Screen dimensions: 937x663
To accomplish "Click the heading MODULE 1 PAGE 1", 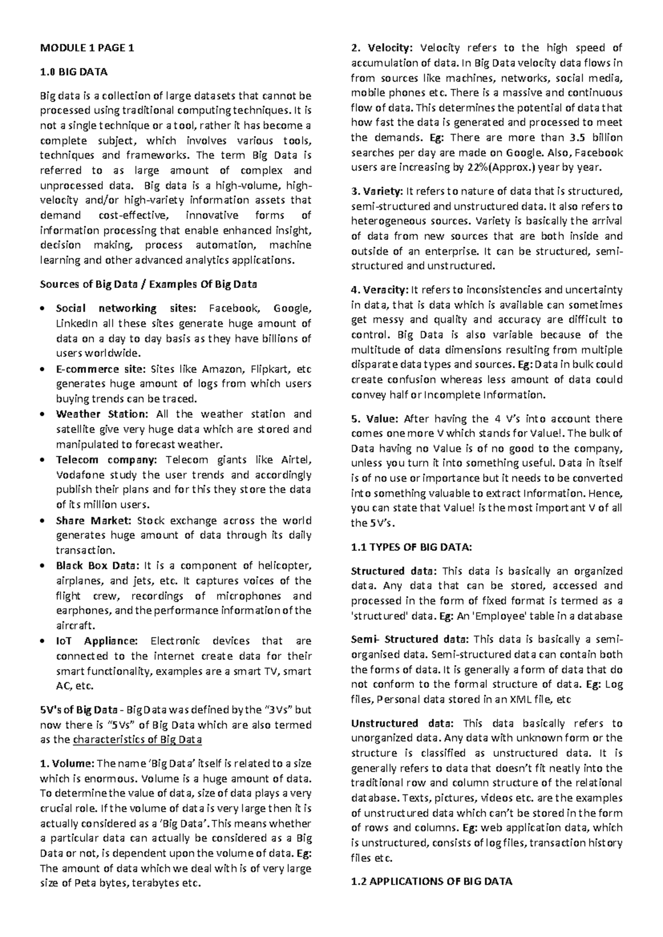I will pyautogui.click(x=87, y=48).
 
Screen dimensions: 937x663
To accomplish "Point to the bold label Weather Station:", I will pyautogui.click(x=102, y=414).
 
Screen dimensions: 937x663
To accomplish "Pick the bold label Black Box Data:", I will pyautogui.click(x=98, y=566).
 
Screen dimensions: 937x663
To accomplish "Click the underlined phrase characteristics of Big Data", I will pyautogui.click(x=138, y=740).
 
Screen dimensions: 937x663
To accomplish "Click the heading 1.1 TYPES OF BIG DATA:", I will pyautogui.click(x=412, y=548).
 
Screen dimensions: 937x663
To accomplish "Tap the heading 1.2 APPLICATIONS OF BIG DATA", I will pyautogui.click(x=432, y=881).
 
